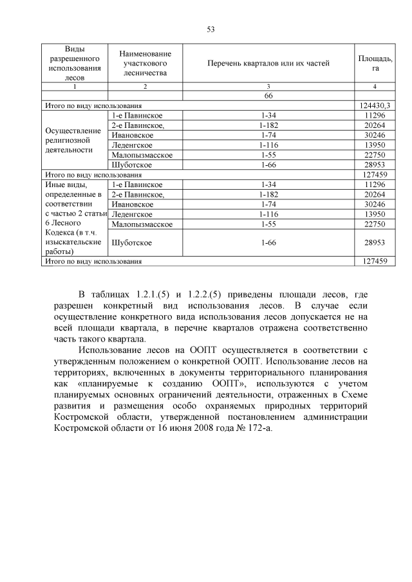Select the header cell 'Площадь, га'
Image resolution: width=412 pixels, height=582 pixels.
[x=375, y=63]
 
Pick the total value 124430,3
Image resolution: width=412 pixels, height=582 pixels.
[x=375, y=105]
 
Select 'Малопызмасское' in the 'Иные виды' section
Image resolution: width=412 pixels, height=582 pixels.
[x=141, y=224]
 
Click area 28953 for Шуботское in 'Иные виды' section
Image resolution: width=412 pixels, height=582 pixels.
[x=375, y=242]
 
